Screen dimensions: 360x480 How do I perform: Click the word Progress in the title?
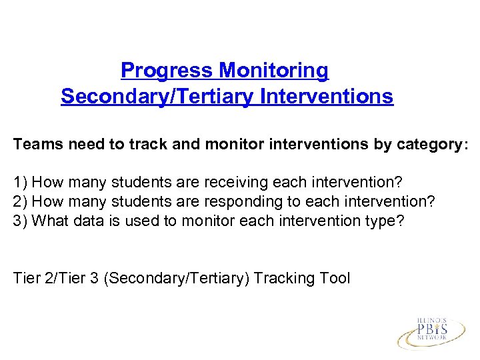(x=167, y=70)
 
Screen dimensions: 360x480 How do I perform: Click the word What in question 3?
(x=49, y=221)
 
